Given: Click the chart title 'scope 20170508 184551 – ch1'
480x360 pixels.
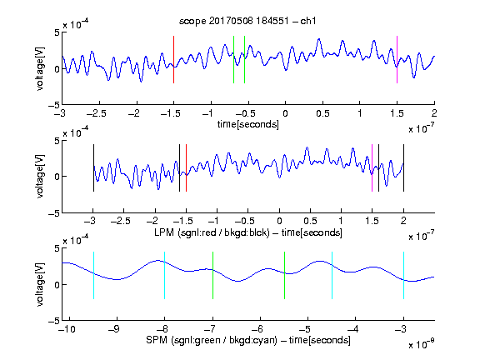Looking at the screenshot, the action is pos(247,21).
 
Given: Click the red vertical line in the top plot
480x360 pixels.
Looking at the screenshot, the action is pos(174,59).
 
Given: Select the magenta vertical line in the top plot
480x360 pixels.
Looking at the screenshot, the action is pos(397,59).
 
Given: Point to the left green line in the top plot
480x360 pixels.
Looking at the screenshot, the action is pos(233,59).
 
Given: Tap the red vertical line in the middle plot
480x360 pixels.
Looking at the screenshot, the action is pos(186,167).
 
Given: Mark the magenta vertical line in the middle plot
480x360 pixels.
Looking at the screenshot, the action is pos(372,167).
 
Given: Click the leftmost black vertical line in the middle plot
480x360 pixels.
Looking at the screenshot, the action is pos(93,167).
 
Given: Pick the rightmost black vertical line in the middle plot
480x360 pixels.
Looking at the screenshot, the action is pos(403,167).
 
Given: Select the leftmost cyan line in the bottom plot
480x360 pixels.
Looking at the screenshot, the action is pos(93,275).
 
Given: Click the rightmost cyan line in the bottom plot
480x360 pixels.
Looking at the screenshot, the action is pos(403,275).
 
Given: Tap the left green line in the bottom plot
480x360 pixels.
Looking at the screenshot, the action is pos(212,275).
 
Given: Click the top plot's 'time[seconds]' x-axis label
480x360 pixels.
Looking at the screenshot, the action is pos(248,124).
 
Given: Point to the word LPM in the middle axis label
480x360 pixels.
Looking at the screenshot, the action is pos(164,232).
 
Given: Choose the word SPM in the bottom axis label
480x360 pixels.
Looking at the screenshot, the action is pos(157,340).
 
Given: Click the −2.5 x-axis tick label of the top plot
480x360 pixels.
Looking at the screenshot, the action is pos(96,113).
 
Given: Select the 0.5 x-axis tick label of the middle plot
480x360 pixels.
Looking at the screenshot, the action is pos(310,221).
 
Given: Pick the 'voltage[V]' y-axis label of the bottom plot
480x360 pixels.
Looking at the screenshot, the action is pos(40,284).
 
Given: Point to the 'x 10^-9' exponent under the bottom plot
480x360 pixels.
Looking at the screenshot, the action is pos(421,344).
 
